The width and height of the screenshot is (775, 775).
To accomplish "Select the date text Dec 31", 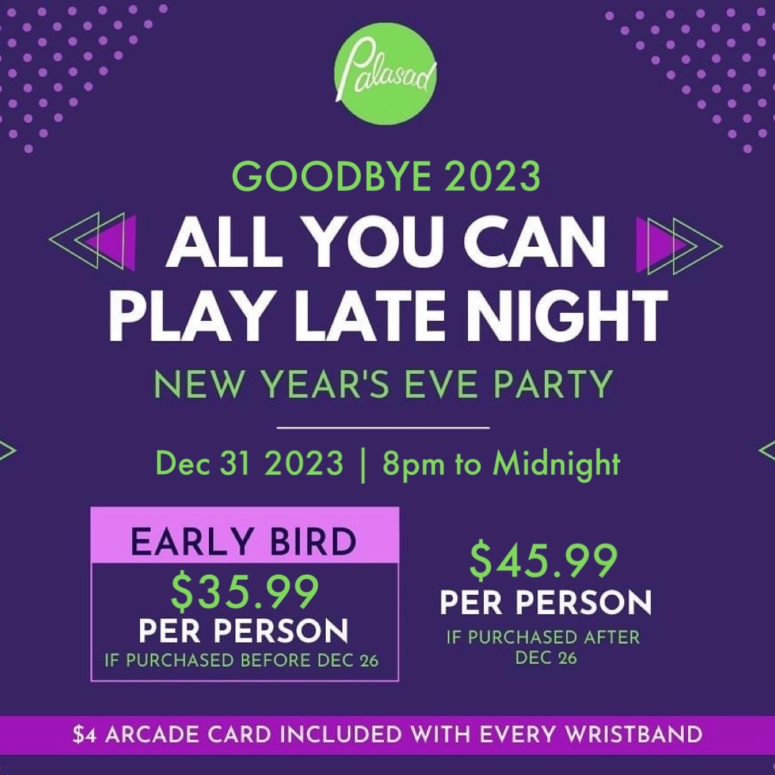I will (203, 464).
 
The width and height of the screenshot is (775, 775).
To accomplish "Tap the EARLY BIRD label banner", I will (244, 542).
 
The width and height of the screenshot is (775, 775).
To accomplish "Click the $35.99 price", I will (244, 591).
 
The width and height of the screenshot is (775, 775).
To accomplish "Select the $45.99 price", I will (544, 562).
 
